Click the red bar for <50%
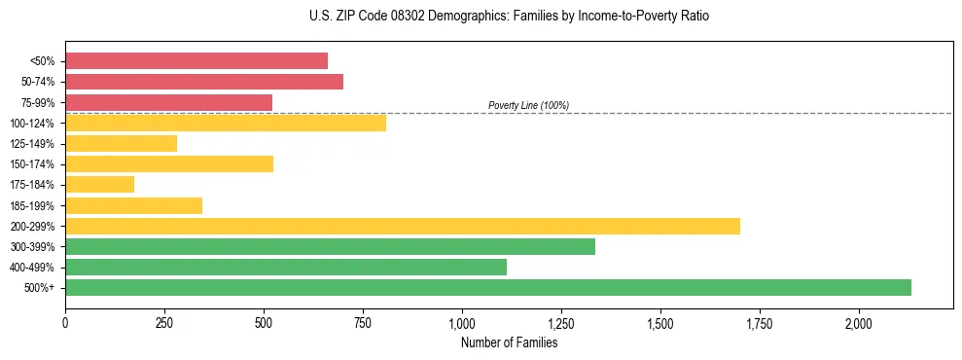(x=196, y=60)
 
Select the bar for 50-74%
(x=204, y=82)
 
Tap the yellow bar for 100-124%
(x=226, y=123)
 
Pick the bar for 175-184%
(x=99, y=185)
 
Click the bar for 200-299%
(x=403, y=226)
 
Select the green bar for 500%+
(x=488, y=287)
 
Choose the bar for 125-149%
(x=121, y=144)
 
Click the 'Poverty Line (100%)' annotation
(x=528, y=105)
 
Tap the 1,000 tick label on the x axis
(x=462, y=322)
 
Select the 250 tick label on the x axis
(x=164, y=322)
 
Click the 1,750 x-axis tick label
(x=760, y=322)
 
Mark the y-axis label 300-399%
(x=32, y=247)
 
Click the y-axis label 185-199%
(x=32, y=205)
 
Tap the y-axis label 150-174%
(x=32, y=164)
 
